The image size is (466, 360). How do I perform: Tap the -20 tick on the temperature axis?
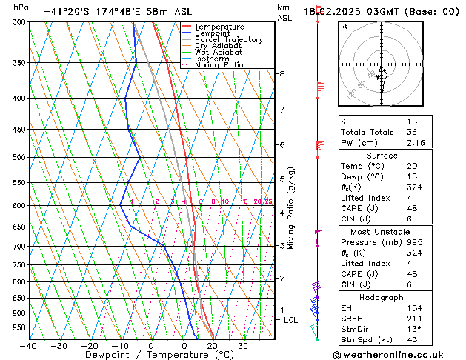tap(90, 346)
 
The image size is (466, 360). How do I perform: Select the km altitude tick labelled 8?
tap(282, 74)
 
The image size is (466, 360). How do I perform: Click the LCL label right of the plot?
tap(291, 320)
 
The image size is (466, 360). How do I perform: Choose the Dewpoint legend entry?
tap(210, 33)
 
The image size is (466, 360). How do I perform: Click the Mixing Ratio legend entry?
tap(219, 65)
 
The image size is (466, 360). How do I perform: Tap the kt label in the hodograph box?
tap(344, 27)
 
